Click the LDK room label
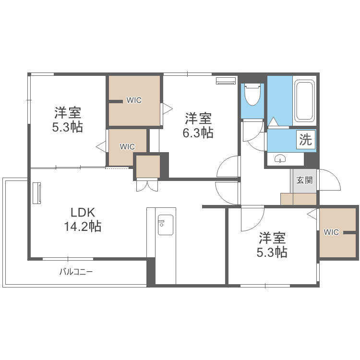point(83,212)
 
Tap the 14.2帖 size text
point(83,226)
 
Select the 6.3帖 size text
point(198,132)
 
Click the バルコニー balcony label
point(76,272)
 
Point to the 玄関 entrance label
point(304,180)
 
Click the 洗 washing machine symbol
point(306,140)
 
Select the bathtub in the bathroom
point(304,101)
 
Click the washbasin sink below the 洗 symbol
point(279,159)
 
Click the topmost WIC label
point(133,100)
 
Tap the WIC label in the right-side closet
point(331,232)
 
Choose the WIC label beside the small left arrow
point(127,147)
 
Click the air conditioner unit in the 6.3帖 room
point(226,81)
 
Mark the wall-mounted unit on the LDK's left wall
point(37,192)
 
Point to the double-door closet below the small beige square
point(147,185)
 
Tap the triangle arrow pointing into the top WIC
point(167,108)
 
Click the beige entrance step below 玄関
point(298,199)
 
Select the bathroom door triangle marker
point(273,122)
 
